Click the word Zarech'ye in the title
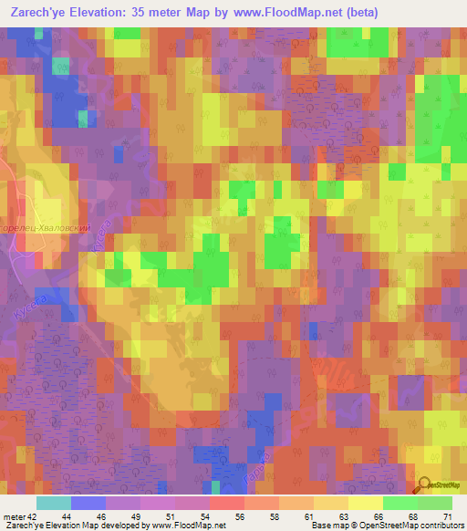point(42,14)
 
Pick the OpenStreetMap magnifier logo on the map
point(423,484)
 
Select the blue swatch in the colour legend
point(88,503)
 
